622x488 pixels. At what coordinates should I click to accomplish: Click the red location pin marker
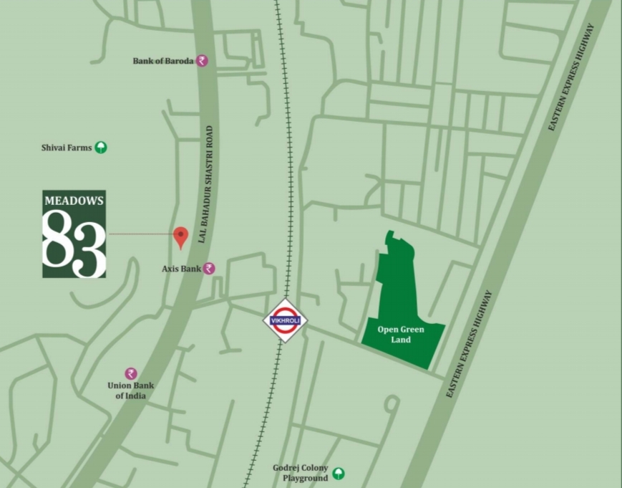tap(181, 236)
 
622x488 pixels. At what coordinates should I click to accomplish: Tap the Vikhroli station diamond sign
tap(286, 320)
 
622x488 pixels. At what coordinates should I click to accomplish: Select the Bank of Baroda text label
tap(162, 62)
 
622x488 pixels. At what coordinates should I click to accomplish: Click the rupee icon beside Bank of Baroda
tap(202, 61)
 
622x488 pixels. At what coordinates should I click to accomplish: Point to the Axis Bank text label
tap(181, 269)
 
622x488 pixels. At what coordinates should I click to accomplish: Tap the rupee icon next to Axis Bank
tap(209, 269)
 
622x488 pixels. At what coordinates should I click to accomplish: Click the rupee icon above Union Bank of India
tap(131, 373)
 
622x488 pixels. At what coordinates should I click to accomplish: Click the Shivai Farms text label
tap(67, 148)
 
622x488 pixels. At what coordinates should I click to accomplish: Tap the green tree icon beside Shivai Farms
tap(101, 148)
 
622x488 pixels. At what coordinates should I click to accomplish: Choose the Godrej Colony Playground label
tap(300, 472)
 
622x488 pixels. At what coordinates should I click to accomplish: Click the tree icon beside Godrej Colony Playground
tap(339, 474)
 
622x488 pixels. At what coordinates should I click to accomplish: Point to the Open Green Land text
tap(401, 335)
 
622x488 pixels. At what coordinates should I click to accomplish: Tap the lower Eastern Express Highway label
tap(469, 345)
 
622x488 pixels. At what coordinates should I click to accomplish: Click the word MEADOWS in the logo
tap(74, 201)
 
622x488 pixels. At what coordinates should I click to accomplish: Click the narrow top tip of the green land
tap(389, 234)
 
